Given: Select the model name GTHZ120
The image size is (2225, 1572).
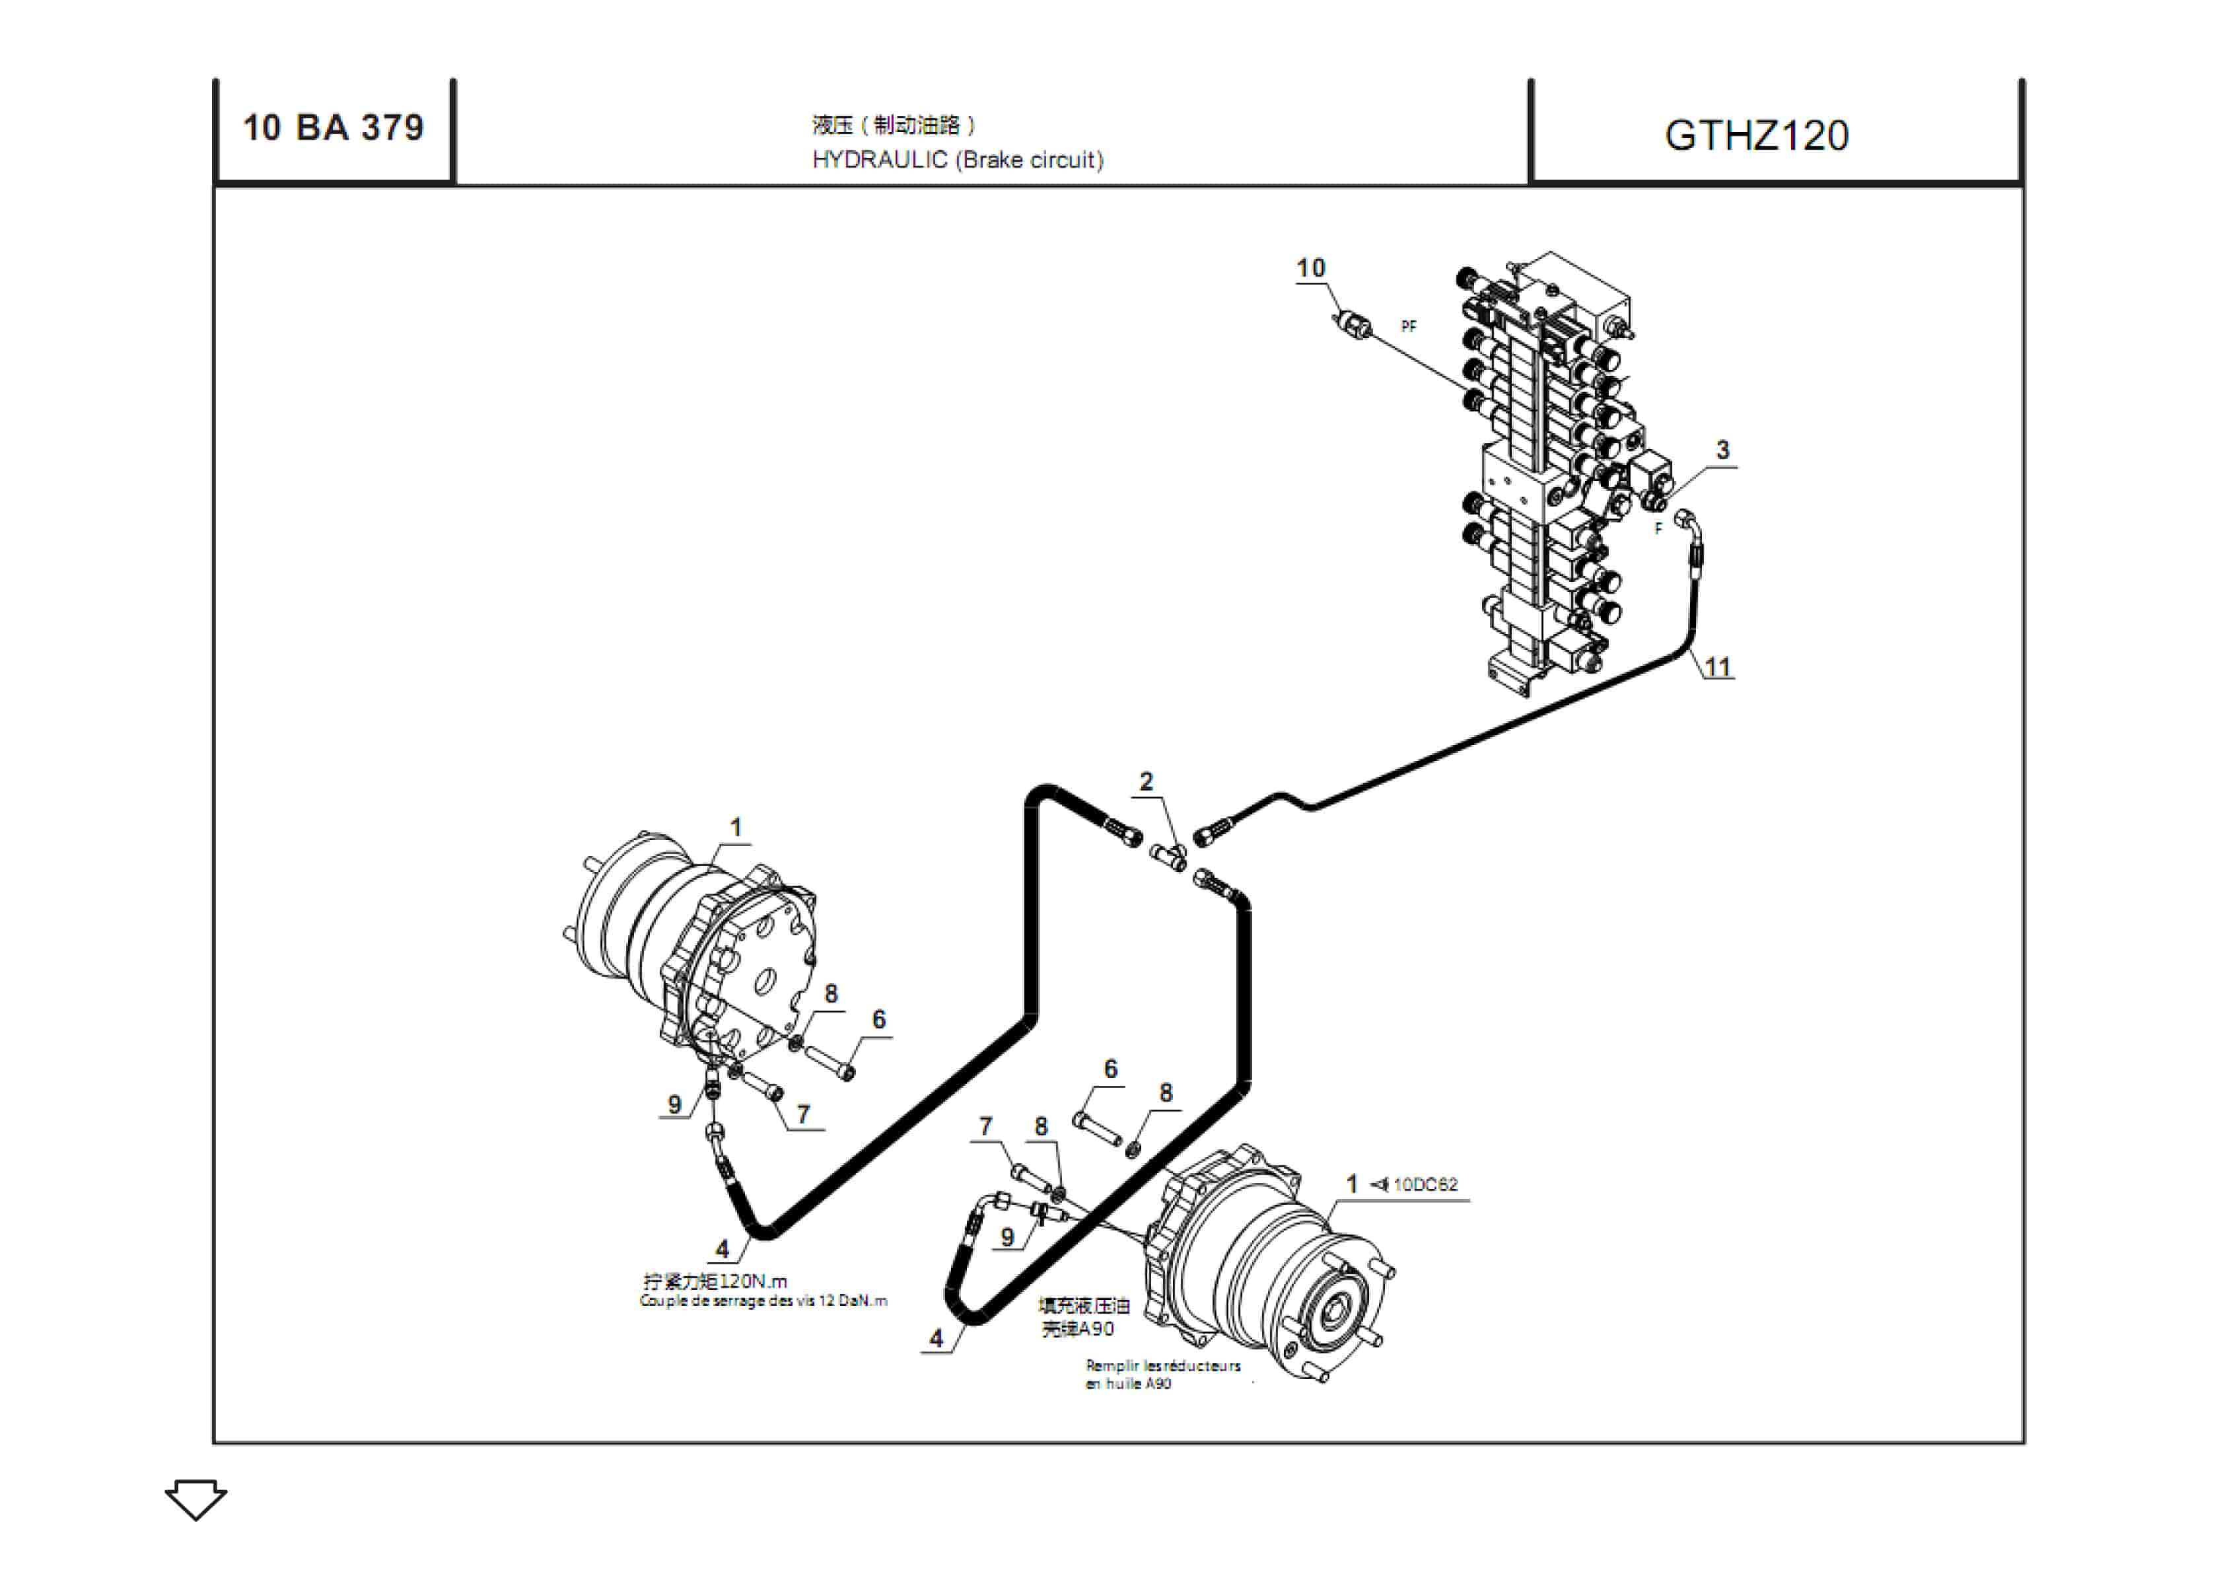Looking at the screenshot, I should [1756, 135].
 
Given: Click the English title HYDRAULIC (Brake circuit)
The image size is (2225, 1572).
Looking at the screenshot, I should [958, 160].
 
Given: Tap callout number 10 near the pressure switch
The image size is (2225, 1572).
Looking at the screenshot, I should [1310, 268].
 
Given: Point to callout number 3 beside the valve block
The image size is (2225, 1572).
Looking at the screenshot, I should [1722, 450].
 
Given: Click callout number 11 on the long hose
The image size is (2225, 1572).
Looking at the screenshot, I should [1717, 667].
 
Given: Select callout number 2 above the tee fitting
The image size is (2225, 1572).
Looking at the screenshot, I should [1147, 781].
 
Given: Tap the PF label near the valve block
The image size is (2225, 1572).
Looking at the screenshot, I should [1408, 326].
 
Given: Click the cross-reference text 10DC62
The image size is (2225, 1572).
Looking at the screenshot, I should [1425, 1184].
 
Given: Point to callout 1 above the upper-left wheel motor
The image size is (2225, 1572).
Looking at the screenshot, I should [736, 828].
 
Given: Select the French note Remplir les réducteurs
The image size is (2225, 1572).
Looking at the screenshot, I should [1163, 1365].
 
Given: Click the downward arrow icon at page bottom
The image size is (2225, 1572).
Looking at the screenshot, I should [195, 1498].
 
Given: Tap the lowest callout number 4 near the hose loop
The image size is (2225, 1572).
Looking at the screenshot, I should [936, 1338].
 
